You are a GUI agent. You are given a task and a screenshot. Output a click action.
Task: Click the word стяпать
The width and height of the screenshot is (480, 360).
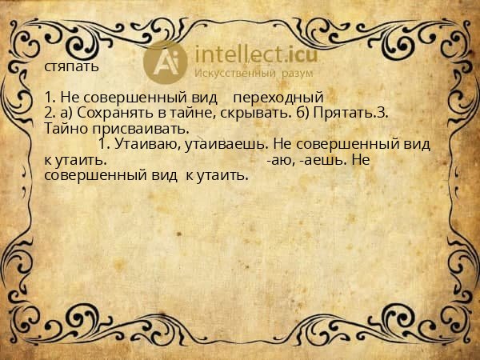click(x=72, y=66)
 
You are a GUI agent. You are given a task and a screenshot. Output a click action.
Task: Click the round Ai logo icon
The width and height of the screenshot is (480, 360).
click(x=166, y=61)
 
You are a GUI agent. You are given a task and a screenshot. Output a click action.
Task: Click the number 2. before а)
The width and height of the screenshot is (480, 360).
click(x=50, y=113)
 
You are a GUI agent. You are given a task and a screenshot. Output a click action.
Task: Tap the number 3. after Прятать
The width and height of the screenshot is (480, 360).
click(x=382, y=113)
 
